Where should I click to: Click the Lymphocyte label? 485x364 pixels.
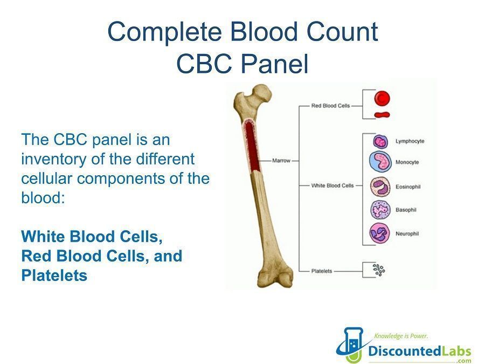point(410,141)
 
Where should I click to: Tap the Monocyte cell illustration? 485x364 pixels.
point(380,161)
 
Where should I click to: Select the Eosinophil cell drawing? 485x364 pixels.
point(380,187)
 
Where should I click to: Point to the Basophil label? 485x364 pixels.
point(406,210)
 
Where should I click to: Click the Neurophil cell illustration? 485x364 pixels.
point(380,233)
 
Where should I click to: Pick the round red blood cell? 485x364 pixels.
point(382,99)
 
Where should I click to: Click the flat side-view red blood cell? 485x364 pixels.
point(382,115)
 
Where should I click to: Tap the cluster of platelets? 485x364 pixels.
point(379,270)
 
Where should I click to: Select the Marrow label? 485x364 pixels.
point(281,161)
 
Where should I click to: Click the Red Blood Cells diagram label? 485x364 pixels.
point(330,106)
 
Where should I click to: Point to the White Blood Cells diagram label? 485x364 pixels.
point(332,186)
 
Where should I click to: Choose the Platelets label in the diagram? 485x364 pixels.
point(321,271)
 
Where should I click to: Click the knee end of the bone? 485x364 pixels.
point(275,277)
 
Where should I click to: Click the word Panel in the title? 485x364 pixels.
point(274,64)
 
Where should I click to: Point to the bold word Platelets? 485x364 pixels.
point(54,276)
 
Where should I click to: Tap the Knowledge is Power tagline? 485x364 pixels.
point(401,336)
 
